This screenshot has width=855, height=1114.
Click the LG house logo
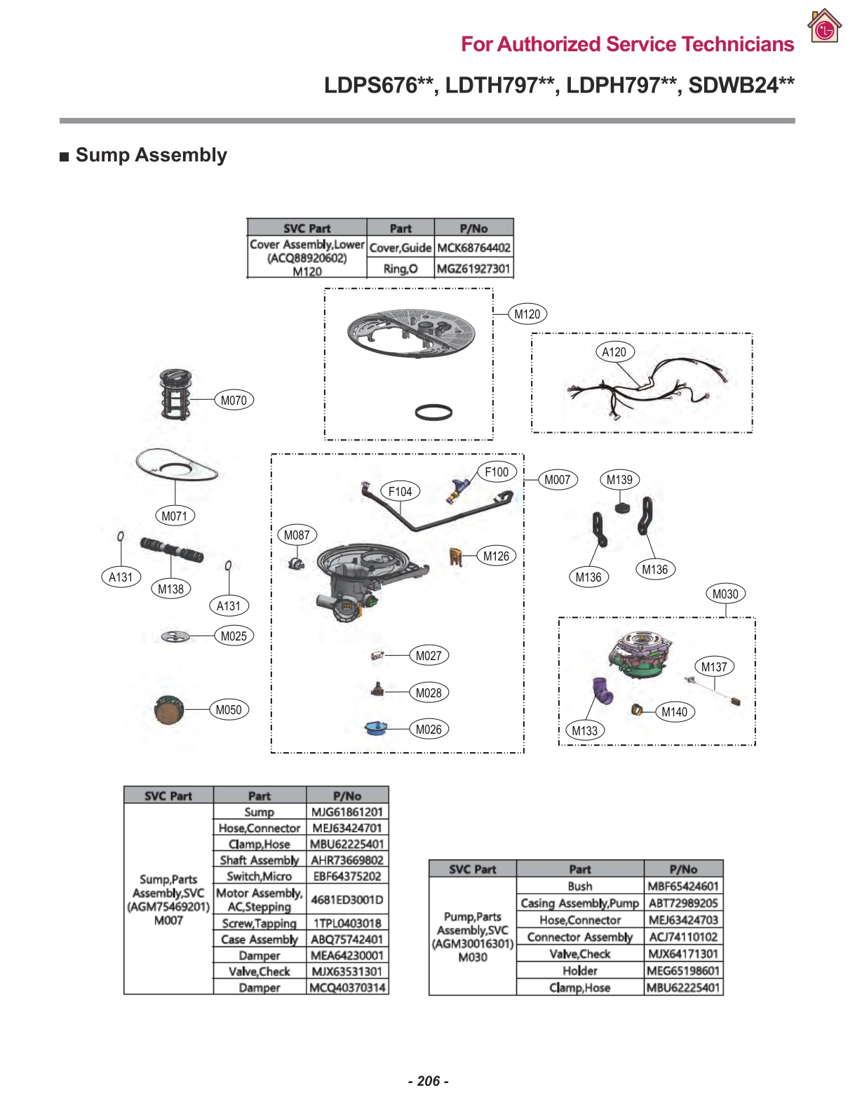coord(824,27)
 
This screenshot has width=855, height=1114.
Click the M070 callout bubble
coord(234,401)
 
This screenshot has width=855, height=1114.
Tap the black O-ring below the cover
coord(433,412)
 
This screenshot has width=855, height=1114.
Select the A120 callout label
coord(614,352)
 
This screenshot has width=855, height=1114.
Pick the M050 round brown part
coord(168,710)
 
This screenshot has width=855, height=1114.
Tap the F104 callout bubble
coord(400,492)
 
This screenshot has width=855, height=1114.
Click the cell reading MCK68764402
coord(473,248)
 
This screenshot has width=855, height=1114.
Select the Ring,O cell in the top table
coord(400,269)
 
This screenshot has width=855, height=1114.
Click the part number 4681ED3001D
coord(347,900)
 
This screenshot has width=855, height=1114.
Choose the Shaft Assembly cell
coord(260,860)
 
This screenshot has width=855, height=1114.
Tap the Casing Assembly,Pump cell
coord(579,904)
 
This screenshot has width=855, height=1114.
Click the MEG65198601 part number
coord(683,971)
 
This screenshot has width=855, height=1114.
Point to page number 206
coord(428,1081)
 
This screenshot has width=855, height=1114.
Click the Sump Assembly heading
coord(151,155)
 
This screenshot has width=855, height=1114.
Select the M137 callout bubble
coord(714,667)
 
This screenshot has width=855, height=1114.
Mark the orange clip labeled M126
coord(456,557)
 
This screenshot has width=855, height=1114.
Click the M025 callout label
coord(234,636)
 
